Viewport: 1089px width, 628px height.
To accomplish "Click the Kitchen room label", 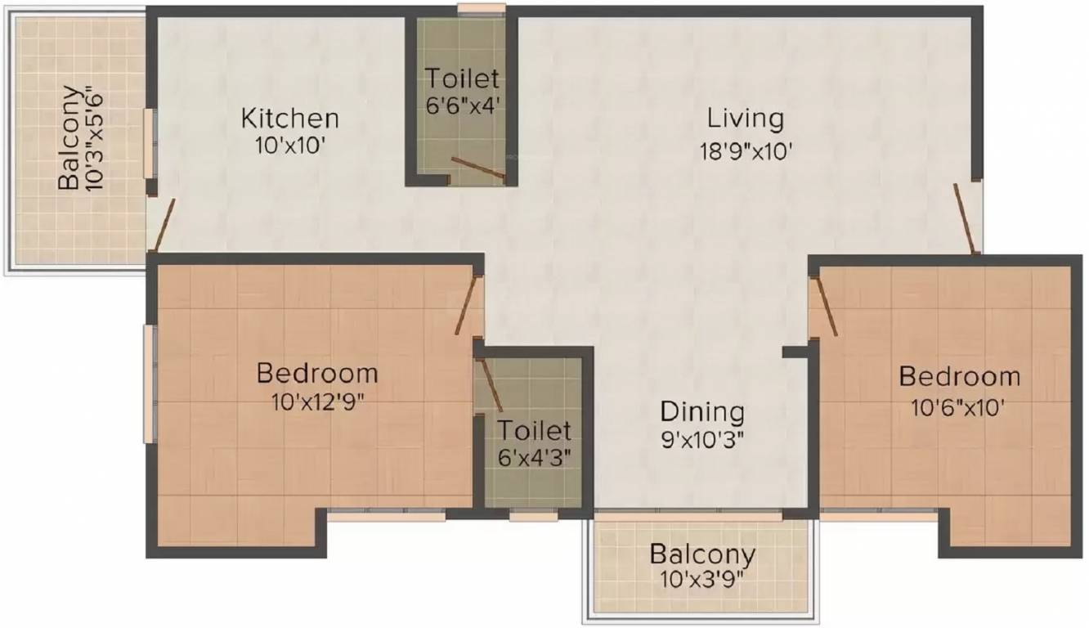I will click(x=289, y=119).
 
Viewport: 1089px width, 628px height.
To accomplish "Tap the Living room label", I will click(x=745, y=119).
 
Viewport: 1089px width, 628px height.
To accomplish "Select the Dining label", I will click(x=702, y=410).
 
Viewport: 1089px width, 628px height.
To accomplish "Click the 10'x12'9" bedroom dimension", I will click(x=317, y=402).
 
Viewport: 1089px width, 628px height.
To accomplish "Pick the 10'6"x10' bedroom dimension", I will click(x=959, y=406).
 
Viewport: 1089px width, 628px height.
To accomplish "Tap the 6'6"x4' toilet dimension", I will click(x=461, y=105).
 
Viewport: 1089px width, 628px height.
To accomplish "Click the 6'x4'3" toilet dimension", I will click(x=534, y=457).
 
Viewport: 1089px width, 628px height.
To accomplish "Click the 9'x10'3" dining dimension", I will click(x=702, y=439).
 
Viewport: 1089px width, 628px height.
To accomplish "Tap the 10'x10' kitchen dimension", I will click(x=289, y=148).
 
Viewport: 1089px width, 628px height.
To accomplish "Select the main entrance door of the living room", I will click(x=966, y=218).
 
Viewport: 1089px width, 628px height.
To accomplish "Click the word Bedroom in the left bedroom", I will click(x=317, y=374).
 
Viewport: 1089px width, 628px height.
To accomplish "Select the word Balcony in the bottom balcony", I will click(x=702, y=554).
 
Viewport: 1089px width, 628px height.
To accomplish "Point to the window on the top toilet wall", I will click(x=481, y=10).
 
